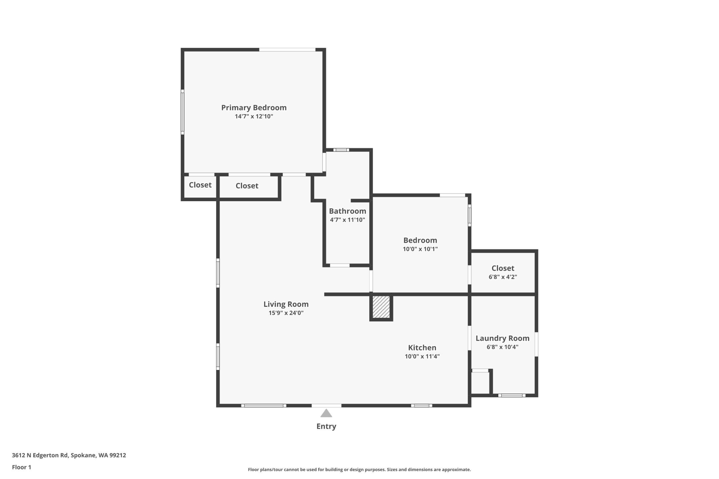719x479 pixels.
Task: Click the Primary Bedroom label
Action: pos(254,107)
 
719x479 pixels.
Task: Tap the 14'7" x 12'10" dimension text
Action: pos(254,116)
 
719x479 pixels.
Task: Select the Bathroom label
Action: pos(347,211)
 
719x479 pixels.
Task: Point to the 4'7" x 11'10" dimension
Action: pos(347,220)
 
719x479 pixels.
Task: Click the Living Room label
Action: pos(286,304)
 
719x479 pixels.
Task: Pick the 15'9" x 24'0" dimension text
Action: pos(286,313)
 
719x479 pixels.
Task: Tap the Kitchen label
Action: pos(422,348)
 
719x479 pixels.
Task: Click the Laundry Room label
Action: pos(502,338)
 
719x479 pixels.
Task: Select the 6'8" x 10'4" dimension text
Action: pos(502,347)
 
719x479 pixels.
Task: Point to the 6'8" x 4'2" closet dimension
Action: pos(502,277)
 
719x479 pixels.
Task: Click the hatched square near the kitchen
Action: pos(381,307)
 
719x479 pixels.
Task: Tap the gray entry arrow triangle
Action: pos(326,413)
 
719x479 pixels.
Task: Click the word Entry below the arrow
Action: pos(326,427)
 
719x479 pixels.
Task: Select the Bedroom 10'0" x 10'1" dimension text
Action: pos(420,249)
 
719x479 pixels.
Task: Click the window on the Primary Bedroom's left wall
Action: pos(183,112)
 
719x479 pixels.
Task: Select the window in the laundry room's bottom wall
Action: pos(512,396)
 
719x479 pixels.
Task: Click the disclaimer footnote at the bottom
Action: pos(359,469)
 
